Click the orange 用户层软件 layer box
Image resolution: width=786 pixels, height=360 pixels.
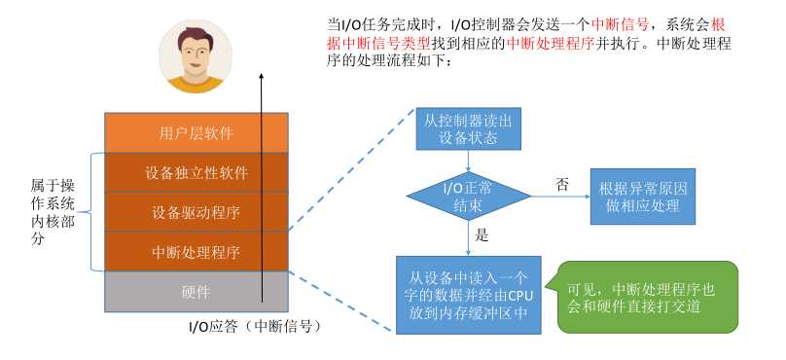[x=196, y=132]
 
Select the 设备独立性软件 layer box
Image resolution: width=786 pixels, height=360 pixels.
[x=196, y=172]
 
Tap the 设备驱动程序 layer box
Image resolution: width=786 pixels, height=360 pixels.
[x=196, y=212]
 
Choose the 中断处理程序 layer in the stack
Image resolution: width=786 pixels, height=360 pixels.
[x=196, y=252]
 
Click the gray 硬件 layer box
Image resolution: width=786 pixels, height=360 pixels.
[x=196, y=292]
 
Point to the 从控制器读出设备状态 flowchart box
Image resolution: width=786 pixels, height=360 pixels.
[x=468, y=128]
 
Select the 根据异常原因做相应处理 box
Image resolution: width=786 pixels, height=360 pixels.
[x=643, y=196]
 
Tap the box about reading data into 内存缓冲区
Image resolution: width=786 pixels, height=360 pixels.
[x=468, y=295]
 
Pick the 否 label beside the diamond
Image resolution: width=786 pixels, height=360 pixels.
[x=562, y=184]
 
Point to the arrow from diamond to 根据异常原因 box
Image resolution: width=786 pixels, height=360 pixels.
[x=559, y=196]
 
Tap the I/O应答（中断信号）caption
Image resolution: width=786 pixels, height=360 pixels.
[x=255, y=327]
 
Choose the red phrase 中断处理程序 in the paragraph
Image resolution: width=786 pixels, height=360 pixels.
[x=550, y=43]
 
